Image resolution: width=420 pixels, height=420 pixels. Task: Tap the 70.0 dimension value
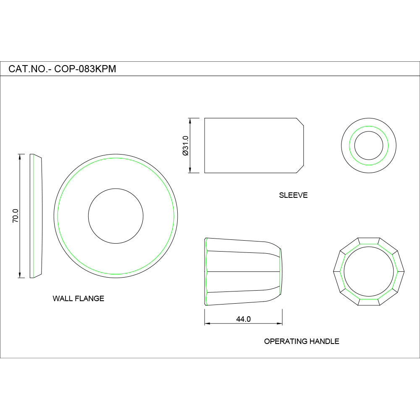coord(16,215)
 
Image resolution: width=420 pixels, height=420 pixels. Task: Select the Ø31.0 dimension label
coord(185,145)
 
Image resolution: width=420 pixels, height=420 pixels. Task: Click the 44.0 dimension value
coord(243,319)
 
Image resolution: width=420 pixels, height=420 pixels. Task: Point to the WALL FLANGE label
coord(78,299)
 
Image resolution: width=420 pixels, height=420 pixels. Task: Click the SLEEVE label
coord(293,195)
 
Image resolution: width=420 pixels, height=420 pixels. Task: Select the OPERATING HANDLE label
coord(301,341)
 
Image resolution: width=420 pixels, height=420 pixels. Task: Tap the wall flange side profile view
coord(37,216)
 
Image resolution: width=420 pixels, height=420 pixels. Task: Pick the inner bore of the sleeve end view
coord(368,145)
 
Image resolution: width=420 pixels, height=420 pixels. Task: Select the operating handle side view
coord(243,272)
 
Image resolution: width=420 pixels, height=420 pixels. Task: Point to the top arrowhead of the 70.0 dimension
coord(20,157)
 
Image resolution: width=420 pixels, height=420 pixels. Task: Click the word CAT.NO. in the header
coord(28,69)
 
